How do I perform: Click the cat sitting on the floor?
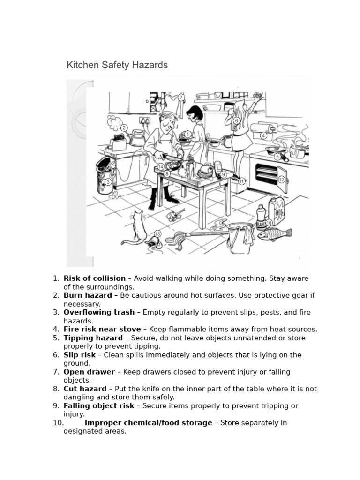pos(135,228)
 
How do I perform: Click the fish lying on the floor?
pos(275,233)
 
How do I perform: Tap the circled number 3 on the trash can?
pos(108,182)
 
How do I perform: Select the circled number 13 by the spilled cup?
pos(157,234)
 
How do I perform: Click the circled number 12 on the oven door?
pos(281,180)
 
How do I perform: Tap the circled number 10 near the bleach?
pos(269,223)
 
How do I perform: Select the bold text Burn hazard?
pos(88,295)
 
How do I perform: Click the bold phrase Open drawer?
pos(89,372)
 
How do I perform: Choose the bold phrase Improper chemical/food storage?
pos(148,423)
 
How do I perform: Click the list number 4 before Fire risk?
pos(56,329)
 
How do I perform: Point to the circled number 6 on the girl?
pos(237,121)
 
